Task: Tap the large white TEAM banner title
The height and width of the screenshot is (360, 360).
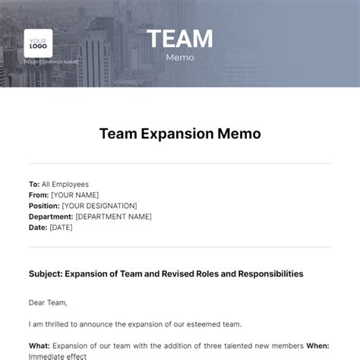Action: (179, 39)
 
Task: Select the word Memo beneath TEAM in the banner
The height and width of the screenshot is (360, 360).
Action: (180, 57)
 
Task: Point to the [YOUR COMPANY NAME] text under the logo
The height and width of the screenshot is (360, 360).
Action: (52, 62)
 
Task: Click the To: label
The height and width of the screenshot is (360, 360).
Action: (34, 184)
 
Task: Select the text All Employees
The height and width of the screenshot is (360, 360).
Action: (65, 184)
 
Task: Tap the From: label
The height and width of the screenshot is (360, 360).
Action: (39, 195)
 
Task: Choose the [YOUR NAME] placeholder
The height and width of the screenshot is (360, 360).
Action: (75, 195)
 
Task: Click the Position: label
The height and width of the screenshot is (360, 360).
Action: (44, 206)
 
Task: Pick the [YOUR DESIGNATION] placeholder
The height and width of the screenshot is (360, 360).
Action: (99, 206)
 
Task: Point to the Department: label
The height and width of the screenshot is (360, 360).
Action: (51, 216)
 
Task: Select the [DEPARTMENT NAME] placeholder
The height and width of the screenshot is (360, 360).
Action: (113, 216)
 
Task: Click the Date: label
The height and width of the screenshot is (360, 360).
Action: (39, 227)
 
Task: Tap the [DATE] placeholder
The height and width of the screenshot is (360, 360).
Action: (62, 227)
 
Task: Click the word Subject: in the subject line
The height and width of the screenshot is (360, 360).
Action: (46, 273)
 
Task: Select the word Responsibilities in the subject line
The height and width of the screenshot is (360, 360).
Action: (264, 273)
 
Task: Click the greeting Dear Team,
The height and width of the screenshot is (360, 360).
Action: (48, 302)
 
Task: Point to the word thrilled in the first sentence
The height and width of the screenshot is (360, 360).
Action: (64, 324)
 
